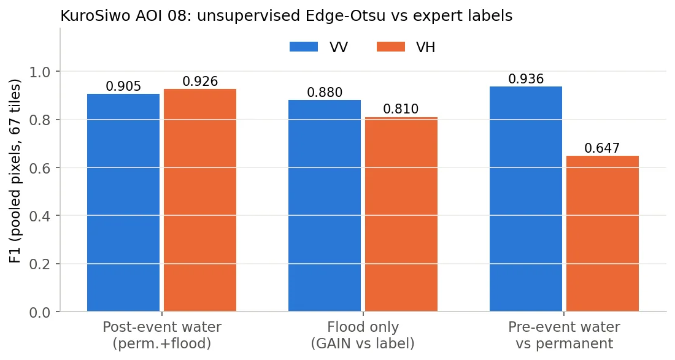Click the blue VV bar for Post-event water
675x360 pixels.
pyautogui.click(x=123, y=202)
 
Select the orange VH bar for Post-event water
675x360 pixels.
pyautogui.click(x=200, y=200)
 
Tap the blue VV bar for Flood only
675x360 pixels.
pyautogui.click(x=325, y=205)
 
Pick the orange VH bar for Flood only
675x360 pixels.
pyautogui.click(x=401, y=214)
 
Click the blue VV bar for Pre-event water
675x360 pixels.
pyautogui.click(x=526, y=199)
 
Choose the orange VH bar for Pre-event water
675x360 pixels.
pyautogui.click(x=602, y=234)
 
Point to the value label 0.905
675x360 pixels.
pyautogui.click(x=123, y=86)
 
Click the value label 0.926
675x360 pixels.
pyautogui.click(x=200, y=82)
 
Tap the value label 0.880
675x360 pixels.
pyautogui.click(x=325, y=93)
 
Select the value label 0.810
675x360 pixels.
pyautogui.click(x=401, y=109)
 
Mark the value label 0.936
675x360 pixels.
pyautogui.click(x=526, y=79)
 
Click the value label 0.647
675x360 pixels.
pyautogui.click(x=602, y=148)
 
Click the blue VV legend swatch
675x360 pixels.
pyautogui.click(x=304, y=47)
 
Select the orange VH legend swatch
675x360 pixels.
pyautogui.click(x=390, y=47)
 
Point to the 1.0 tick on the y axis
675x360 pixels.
pyautogui.click(x=40, y=71)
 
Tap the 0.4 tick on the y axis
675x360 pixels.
pyautogui.click(x=40, y=215)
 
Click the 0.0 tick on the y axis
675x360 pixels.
pyautogui.click(x=40, y=312)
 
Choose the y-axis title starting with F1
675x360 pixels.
pyautogui.click(x=15, y=170)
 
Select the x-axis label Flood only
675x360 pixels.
pyautogui.click(x=363, y=327)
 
